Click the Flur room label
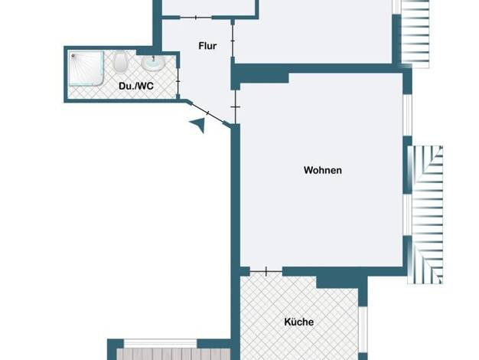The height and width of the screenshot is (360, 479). pos(207,46)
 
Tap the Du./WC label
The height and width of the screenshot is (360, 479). pos(136,86)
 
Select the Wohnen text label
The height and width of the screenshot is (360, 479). pos(323,170)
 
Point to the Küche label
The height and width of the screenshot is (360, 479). pos(298,322)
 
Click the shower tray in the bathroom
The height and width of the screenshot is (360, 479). pos(86,68)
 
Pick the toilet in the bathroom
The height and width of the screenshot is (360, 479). pos(121,62)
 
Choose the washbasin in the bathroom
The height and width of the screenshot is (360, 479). pos(153,63)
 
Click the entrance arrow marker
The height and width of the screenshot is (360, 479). pos(197,125)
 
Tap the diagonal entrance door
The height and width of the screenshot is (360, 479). pos(207,113)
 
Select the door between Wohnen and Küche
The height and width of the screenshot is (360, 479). pos(266,271)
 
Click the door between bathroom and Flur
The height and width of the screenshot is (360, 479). pos(178,82)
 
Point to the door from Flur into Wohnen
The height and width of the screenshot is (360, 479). pos(236,106)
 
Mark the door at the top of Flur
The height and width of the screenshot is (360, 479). pos(196,18)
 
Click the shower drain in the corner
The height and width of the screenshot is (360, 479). pos(73,56)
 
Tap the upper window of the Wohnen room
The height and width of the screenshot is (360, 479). pos(408,115)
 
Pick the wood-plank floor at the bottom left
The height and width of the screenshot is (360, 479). pos(174,354)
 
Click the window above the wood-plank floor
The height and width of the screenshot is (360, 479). pos(160,343)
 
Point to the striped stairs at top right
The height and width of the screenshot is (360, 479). pos(415,34)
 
